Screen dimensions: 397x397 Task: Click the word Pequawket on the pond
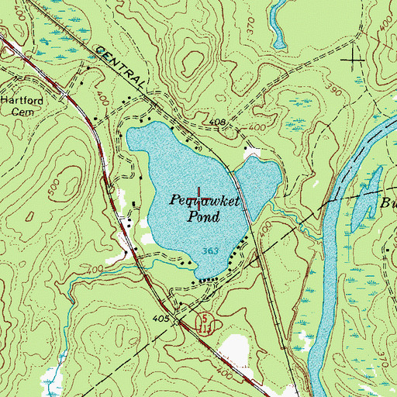[x=205, y=200]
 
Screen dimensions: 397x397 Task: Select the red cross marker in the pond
[x=201, y=198]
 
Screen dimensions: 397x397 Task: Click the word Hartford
[x=19, y=101]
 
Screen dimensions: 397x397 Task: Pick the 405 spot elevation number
[x=161, y=318]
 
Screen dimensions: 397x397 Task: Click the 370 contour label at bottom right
[x=388, y=356]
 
